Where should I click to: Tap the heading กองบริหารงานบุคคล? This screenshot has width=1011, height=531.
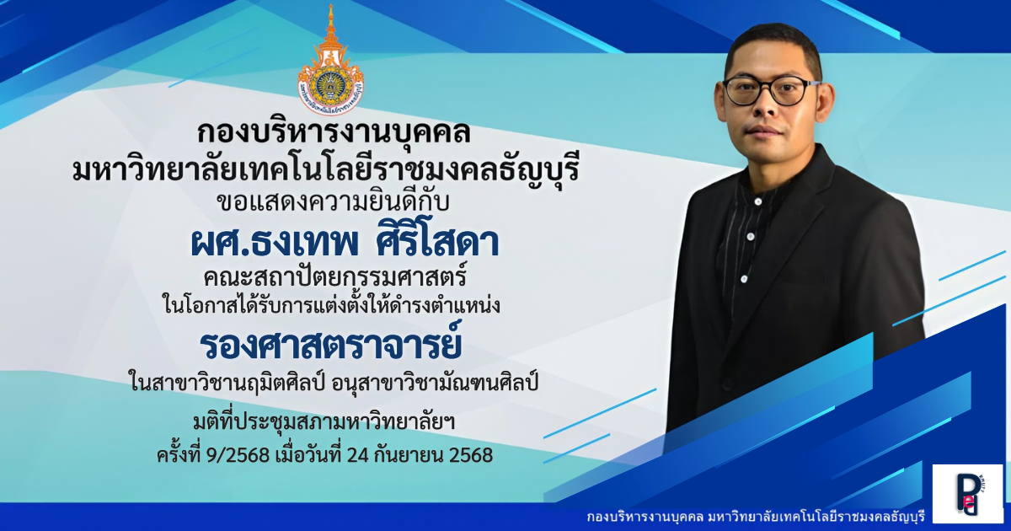click(334, 131)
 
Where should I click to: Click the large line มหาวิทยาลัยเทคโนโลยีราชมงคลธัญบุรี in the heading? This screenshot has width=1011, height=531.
click(325, 170)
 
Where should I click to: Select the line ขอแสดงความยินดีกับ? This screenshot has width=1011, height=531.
click(333, 203)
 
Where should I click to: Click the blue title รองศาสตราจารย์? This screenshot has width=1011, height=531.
click(330, 344)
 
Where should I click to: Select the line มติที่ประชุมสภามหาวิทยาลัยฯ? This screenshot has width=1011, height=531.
click(324, 422)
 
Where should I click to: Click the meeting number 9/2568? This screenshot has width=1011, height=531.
click(238, 455)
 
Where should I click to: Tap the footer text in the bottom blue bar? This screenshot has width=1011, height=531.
click(757, 517)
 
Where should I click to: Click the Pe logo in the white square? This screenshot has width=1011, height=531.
click(968, 494)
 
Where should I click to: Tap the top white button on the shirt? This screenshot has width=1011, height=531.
click(757, 201)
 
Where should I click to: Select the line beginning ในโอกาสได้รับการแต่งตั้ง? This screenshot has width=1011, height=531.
click(331, 305)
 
